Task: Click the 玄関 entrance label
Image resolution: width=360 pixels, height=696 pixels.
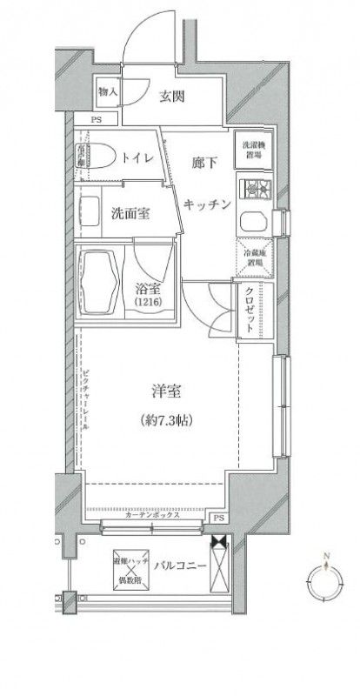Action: [171, 97]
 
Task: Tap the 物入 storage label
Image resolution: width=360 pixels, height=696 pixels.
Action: [108, 90]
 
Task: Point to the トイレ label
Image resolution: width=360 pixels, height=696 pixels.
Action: [138, 157]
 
